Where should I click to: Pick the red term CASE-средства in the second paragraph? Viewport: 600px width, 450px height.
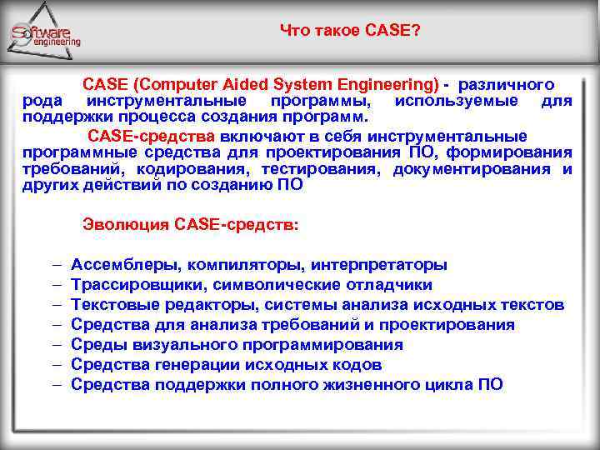152,136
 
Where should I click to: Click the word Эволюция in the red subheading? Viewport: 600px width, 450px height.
126,224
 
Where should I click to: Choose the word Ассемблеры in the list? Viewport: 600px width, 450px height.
126,264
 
